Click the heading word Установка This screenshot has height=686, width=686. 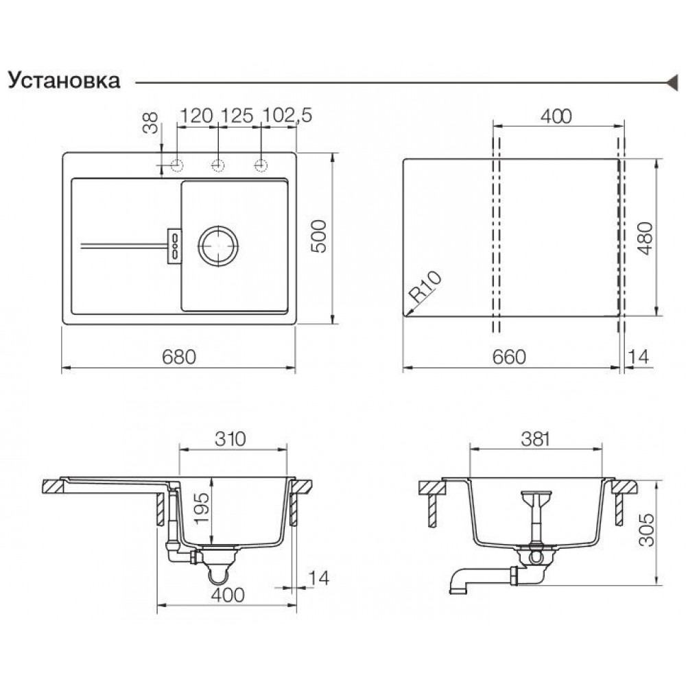tap(64, 81)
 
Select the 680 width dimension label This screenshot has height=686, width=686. tap(179, 357)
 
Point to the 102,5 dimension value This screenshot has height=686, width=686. tap(287, 115)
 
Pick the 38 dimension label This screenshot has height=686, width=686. tap(150, 123)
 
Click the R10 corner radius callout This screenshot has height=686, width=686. tap(425, 287)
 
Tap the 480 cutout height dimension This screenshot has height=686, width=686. tap(646, 238)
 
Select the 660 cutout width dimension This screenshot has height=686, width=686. tap(509, 357)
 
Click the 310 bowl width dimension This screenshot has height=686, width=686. tap(230, 439)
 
